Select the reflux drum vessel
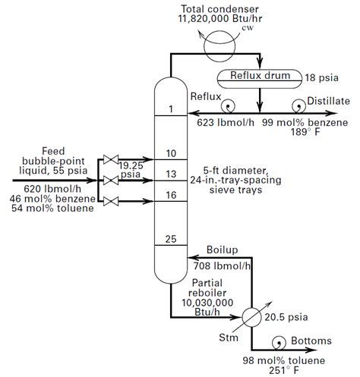click(261, 76)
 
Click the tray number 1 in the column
click(171, 109)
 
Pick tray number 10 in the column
click(171, 154)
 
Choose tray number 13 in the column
click(171, 174)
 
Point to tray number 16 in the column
click(171, 195)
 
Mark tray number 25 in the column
click(171, 239)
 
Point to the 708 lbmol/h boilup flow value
click(223, 265)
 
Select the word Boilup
click(223, 250)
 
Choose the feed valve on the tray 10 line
click(111, 160)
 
